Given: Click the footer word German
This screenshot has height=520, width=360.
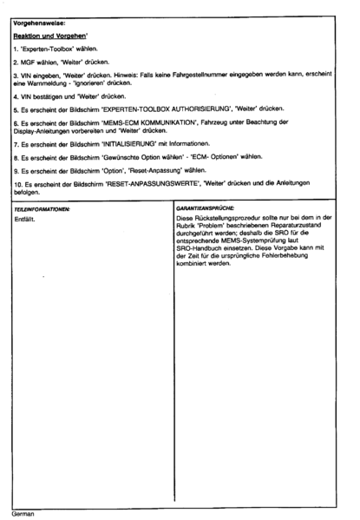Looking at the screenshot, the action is pos(25,511).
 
